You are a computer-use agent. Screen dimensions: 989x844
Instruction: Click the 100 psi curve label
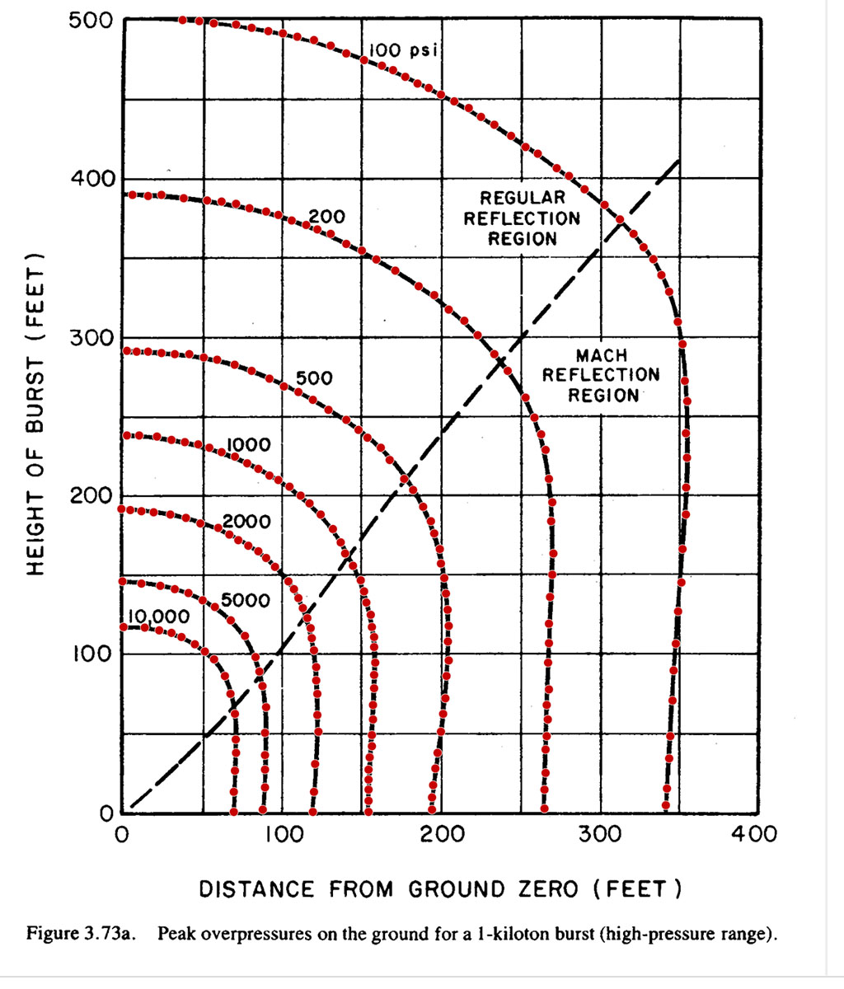pyautogui.click(x=401, y=51)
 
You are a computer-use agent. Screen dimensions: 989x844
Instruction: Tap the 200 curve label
pyautogui.click(x=326, y=218)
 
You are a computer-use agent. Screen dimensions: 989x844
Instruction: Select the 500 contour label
pyautogui.click(x=314, y=378)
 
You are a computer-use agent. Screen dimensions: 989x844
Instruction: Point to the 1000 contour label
pyautogui.click(x=248, y=445)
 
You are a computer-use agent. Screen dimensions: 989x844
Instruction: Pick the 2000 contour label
pyautogui.click(x=246, y=522)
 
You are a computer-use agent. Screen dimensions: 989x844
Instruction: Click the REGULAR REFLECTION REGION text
pyautogui.click(x=522, y=218)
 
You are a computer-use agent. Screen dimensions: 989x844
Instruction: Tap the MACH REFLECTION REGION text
pyautogui.click(x=601, y=375)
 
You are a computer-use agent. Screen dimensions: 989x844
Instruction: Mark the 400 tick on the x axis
pyautogui.click(x=755, y=834)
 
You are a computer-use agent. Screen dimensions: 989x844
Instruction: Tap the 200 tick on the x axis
pyautogui.click(x=441, y=834)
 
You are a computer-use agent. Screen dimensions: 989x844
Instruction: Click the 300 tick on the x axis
pyautogui.click(x=599, y=834)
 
